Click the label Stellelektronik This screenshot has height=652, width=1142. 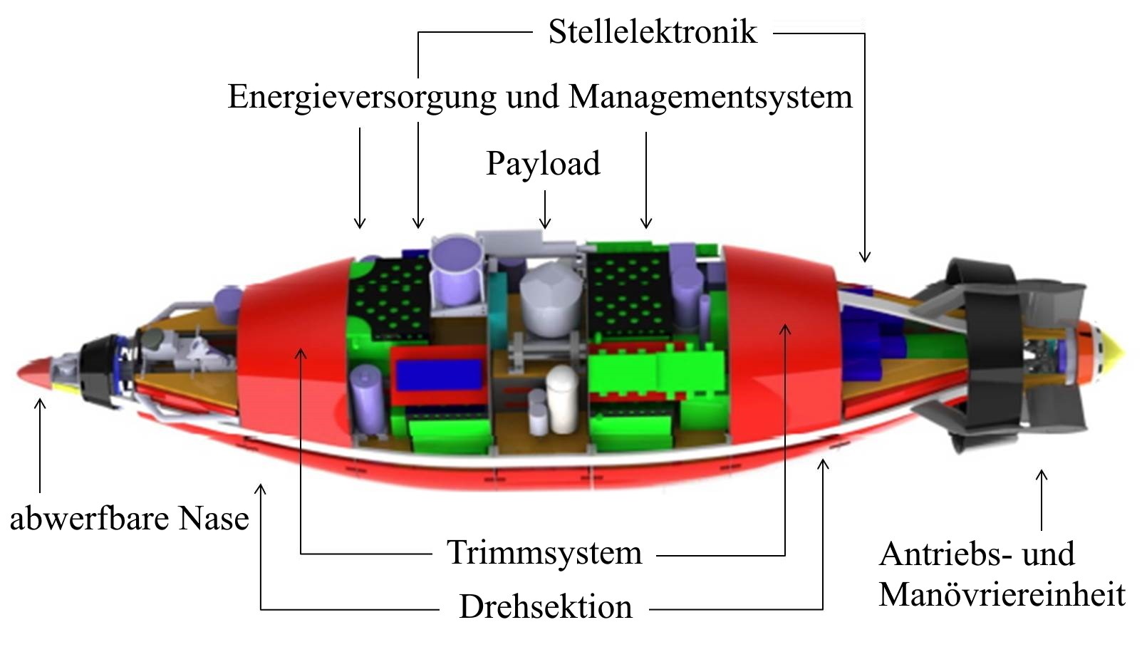[653, 31]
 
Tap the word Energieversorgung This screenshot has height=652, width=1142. [361, 98]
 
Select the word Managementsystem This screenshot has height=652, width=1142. [710, 97]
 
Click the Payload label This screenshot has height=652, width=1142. [544, 164]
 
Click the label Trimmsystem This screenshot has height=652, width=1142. [544, 552]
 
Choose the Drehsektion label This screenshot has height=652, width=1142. [546, 606]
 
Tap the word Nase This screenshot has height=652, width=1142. [214, 519]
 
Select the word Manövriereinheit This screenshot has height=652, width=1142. [1002, 594]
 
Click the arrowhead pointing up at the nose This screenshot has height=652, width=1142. [40, 404]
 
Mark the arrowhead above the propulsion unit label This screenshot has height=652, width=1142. [1042, 475]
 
